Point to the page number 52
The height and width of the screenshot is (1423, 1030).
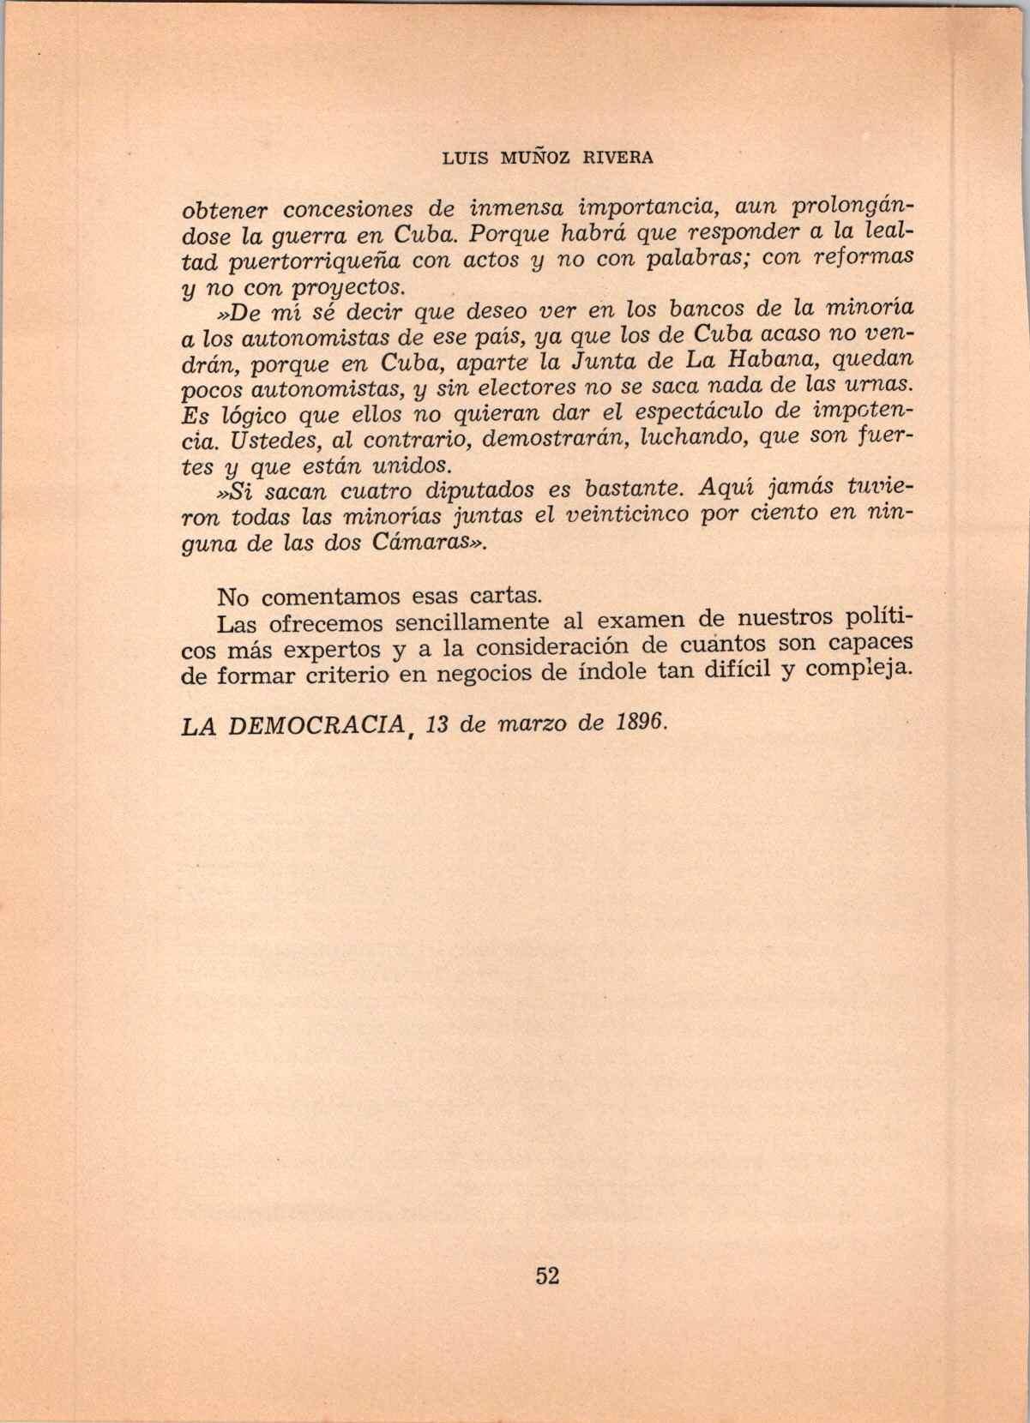click(x=547, y=1276)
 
